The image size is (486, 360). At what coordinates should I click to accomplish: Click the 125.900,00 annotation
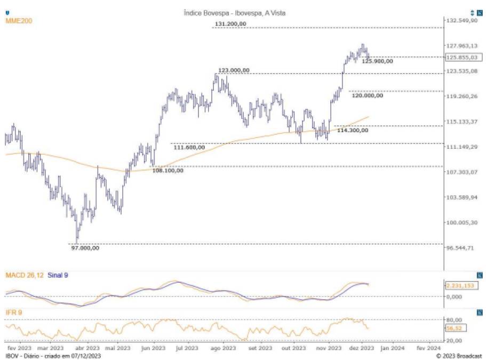click(377, 61)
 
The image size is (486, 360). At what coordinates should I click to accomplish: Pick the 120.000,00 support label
click(367, 96)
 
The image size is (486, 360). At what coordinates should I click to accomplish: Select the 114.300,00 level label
click(353, 130)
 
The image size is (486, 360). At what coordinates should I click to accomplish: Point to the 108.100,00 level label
click(168, 171)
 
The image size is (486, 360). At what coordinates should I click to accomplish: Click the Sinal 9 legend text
click(58, 275)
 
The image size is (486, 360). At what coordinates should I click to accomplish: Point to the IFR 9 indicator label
click(14, 311)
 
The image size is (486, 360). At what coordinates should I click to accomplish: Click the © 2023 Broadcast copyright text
click(459, 355)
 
